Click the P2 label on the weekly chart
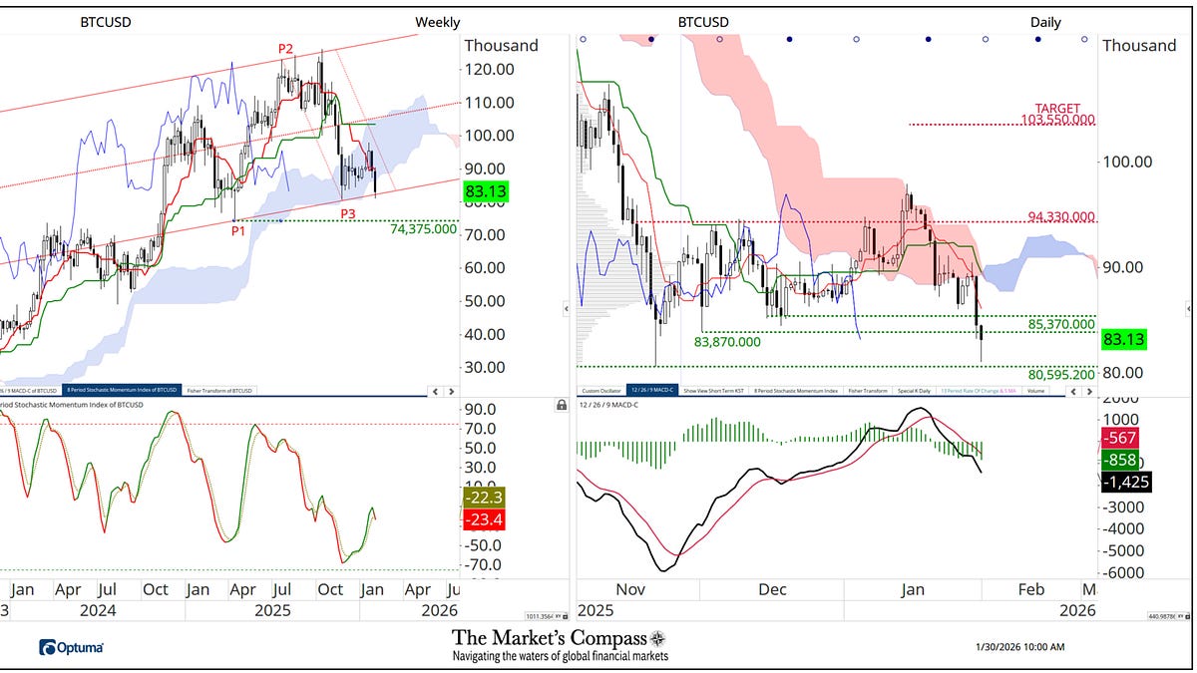tap(285, 49)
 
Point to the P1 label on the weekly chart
tap(239, 230)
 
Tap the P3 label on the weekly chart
tap(348, 214)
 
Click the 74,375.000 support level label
tap(424, 228)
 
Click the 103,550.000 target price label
tap(1058, 120)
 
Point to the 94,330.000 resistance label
tap(1061, 217)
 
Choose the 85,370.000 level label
tap(1061, 325)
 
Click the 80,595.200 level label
tap(1061, 375)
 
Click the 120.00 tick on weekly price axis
tap(490, 69)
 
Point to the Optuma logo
tap(71, 648)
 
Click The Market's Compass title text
tap(560, 638)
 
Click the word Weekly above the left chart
tap(437, 22)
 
